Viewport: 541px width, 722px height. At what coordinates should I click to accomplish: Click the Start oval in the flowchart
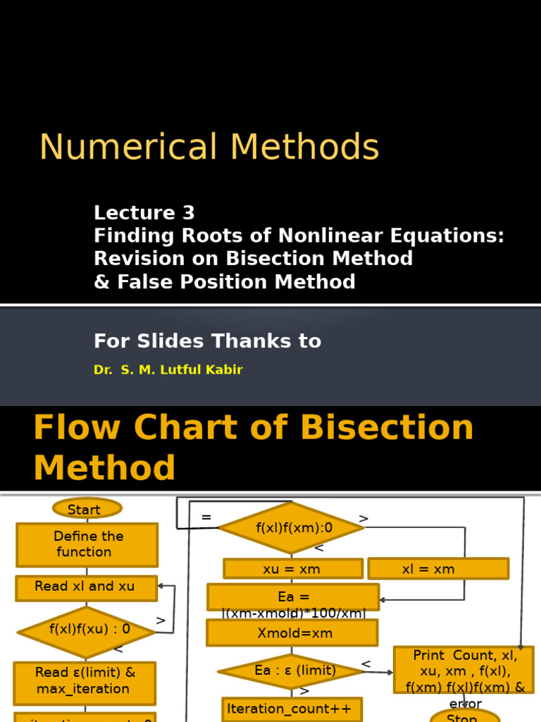click(x=87, y=508)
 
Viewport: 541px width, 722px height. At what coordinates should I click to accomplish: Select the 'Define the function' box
click(x=87, y=544)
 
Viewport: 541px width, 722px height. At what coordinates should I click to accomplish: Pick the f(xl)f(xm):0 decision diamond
click(x=290, y=527)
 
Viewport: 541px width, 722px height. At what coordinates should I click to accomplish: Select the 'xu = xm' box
click(x=292, y=569)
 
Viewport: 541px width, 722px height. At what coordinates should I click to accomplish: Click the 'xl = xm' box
click(x=437, y=569)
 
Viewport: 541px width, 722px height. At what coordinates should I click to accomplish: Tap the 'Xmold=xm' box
click(x=292, y=632)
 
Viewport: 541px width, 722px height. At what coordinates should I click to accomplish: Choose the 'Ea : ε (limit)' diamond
click(x=292, y=671)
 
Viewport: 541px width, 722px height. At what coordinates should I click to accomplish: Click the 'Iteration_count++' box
click(x=292, y=709)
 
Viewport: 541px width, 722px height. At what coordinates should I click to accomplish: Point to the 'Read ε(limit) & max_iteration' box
click(x=85, y=682)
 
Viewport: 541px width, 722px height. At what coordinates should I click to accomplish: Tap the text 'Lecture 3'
click(x=144, y=213)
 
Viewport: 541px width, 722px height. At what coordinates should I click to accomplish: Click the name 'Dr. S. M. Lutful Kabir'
click(x=168, y=369)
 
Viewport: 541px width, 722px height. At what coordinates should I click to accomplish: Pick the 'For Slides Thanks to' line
click(x=207, y=341)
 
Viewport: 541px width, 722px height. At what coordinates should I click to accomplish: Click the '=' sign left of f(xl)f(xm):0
click(x=206, y=518)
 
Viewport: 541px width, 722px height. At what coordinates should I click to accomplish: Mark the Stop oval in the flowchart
click(x=465, y=716)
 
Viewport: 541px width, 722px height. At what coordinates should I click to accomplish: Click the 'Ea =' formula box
click(x=293, y=597)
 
